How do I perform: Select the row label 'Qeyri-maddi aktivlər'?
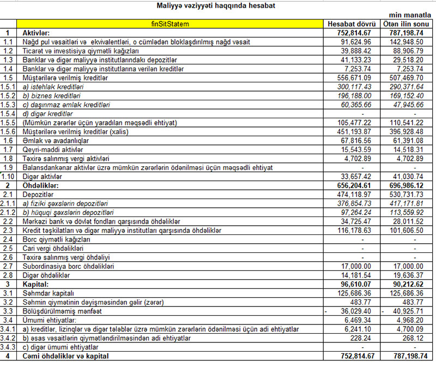tap(52, 149)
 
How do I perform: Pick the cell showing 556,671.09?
tap(353, 78)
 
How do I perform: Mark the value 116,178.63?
tap(353, 231)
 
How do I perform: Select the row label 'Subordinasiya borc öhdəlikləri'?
tap(68, 267)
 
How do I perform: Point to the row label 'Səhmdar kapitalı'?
tap(46, 293)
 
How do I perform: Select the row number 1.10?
tap(8, 176)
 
